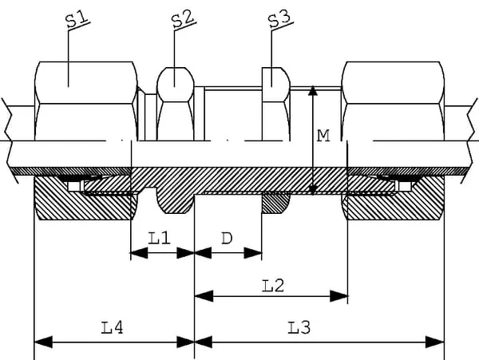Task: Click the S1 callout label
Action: coord(77,19)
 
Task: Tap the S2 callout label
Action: coord(183,19)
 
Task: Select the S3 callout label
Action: coord(279,18)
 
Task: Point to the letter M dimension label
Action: coord(323,136)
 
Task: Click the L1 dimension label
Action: coord(159,238)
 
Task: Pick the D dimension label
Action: coord(227,238)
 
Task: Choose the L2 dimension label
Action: coord(273,286)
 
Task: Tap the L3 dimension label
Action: coord(299,327)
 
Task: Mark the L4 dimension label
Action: coord(112,327)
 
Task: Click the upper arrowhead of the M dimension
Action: coord(312,91)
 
